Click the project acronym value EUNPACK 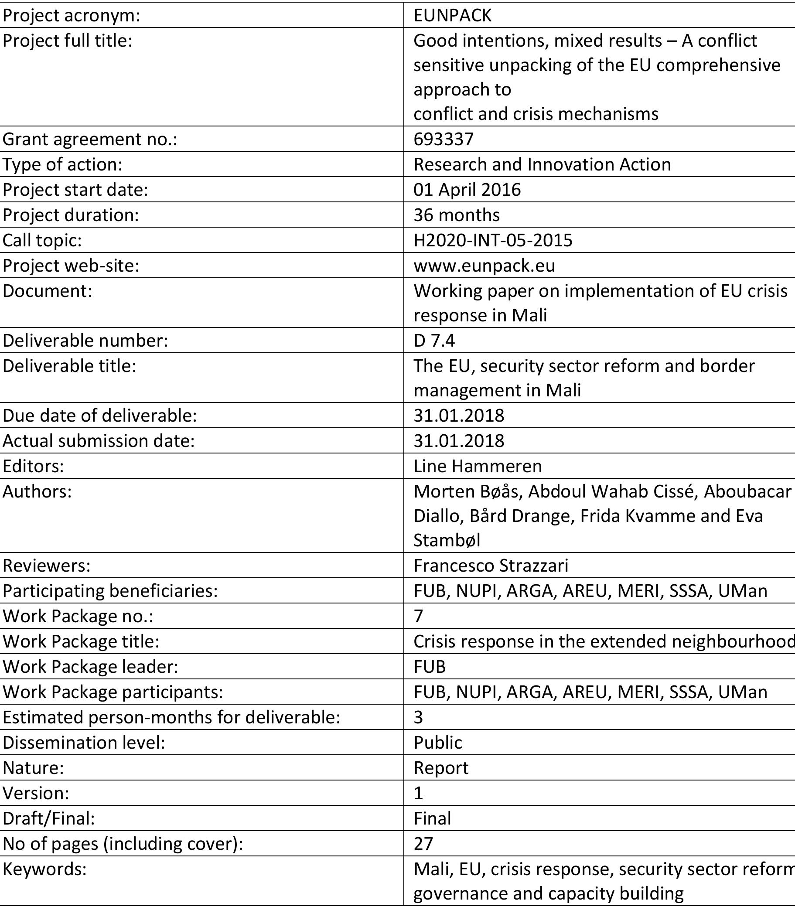(x=453, y=16)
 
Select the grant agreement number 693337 (x=444, y=139)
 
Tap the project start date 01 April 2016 (x=467, y=190)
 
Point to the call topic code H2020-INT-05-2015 (x=493, y=240)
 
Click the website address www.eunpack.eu (x=484, y=266)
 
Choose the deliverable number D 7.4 (x=434, y=341)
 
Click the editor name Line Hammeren (x=478, y=466)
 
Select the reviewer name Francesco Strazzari (x=491, y=566)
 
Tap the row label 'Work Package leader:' (x=90, y=667)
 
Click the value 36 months (x=457, y=215)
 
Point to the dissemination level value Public (x=437, y=743)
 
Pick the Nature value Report (x=440, y=768)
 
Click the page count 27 (x=423, y=843)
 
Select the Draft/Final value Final (x=432, y=818)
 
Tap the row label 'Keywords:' (x=44, y=869)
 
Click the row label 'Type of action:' (x=62, y=164)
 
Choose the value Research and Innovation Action (x=542, y=164)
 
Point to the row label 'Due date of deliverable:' (x=99, y=416)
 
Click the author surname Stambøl (x=447, y=540)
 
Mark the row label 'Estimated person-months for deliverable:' (x=171, y=717)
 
